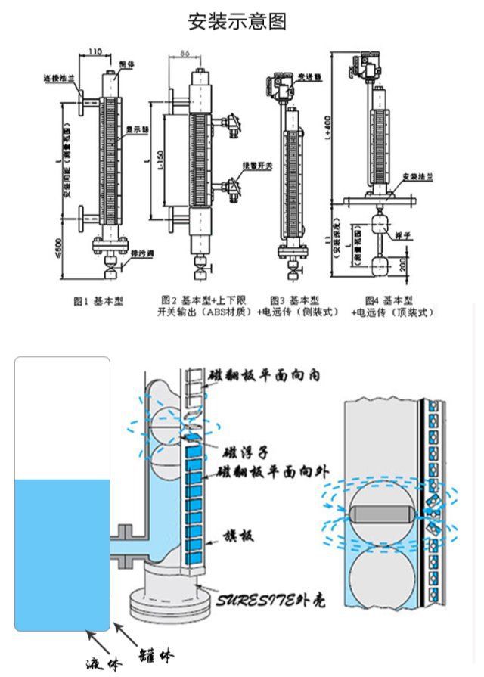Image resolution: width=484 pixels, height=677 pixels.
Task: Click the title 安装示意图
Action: (237, 21)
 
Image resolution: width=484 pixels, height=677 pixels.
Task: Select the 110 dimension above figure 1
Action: (96, 51)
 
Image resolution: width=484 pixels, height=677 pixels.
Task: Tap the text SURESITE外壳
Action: (263, 601)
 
